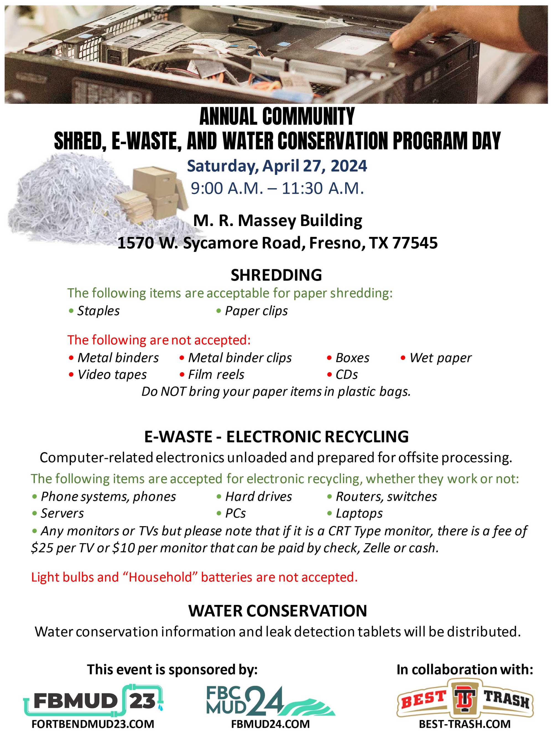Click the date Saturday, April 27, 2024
click(277, 166)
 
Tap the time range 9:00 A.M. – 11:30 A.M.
click(277, 188)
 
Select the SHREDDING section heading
click(276, 275)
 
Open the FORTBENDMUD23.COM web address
click(93, 724)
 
